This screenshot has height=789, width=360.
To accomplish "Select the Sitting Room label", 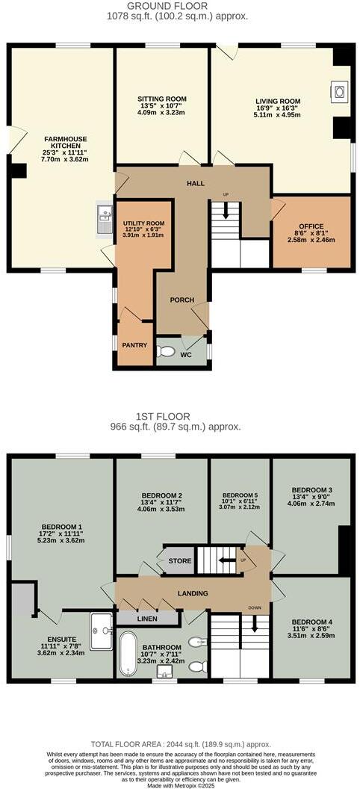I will point(161,99).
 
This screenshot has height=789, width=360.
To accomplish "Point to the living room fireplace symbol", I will point(339,93).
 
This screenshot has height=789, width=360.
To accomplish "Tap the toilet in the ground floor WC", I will point(167,351).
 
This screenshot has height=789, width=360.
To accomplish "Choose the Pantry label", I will point(135,345).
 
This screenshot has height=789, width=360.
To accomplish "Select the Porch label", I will point(181,300).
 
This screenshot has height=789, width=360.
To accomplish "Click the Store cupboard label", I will point(179,561).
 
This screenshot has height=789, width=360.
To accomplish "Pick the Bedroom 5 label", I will point(240,495).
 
